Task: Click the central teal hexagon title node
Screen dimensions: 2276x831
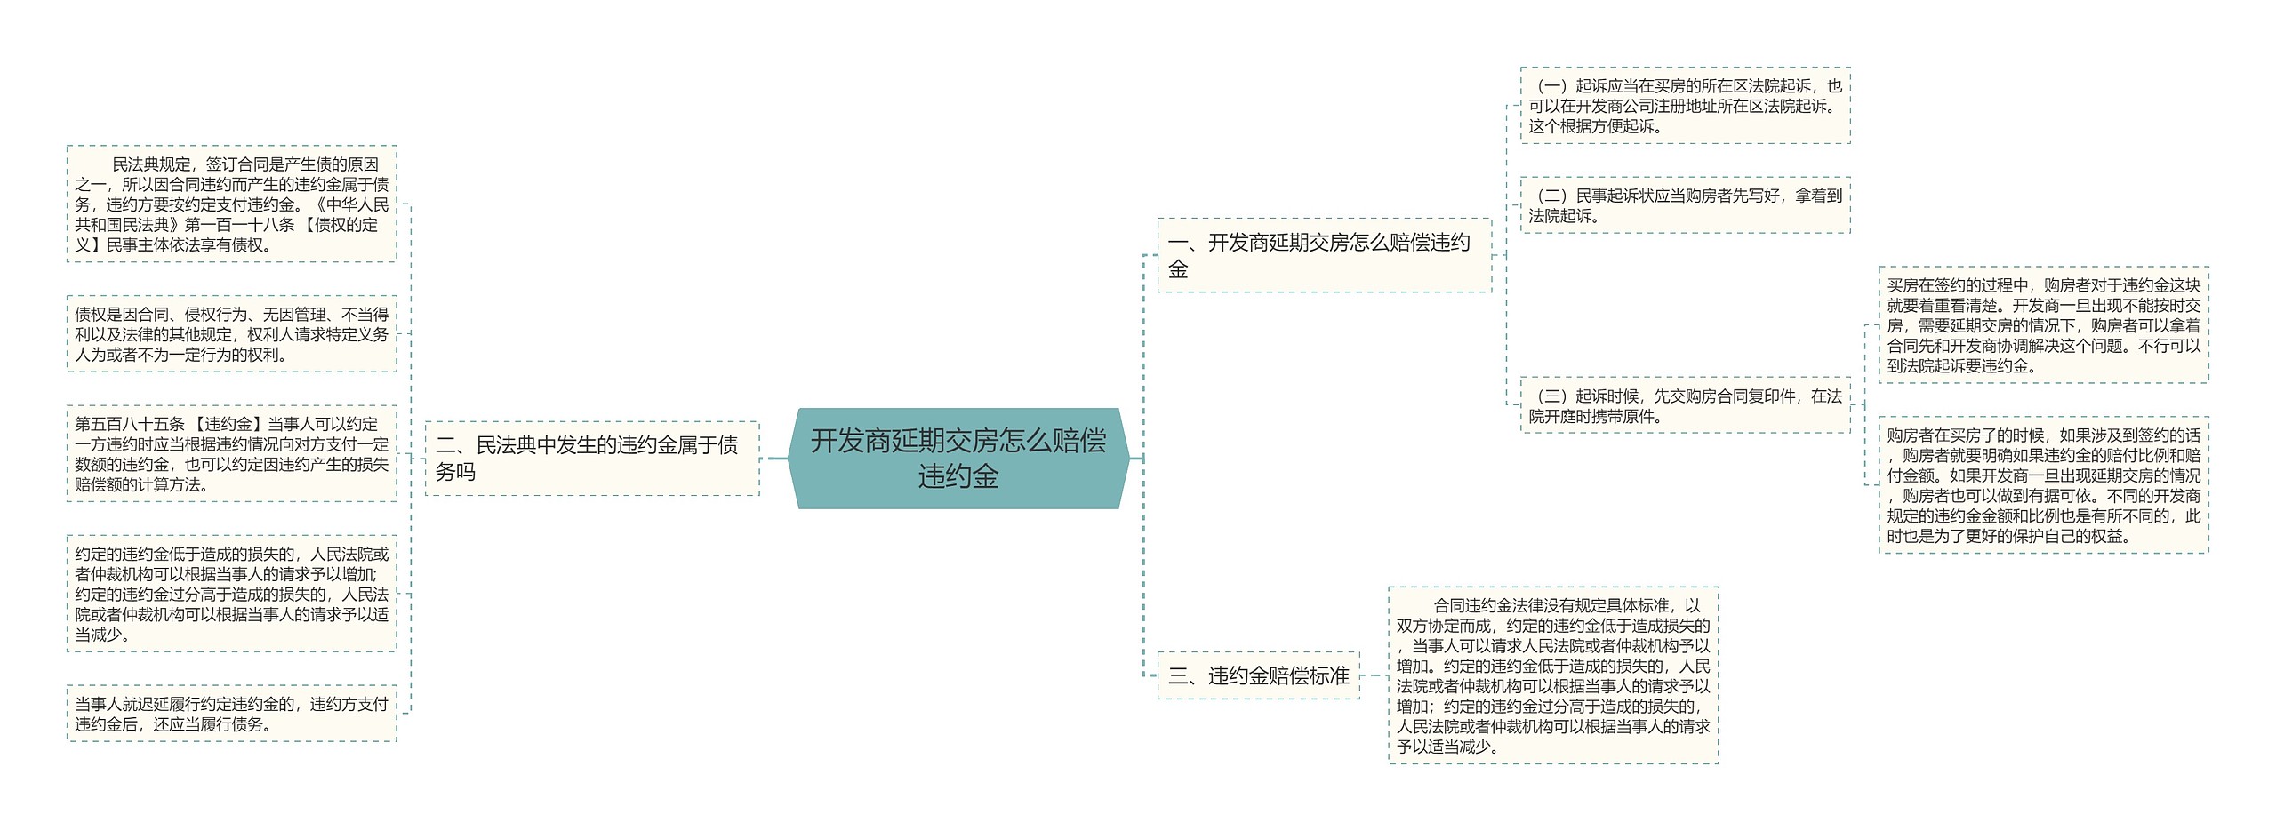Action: pyautogui.click(x=958, y=459)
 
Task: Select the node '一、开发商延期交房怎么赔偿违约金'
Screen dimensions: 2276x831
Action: pyautogui.click(x=1323, y=255)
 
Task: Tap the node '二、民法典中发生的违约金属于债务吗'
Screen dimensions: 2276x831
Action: pyautogui.click(x=591, y=459)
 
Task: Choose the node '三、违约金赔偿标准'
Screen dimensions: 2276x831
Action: pyautogui.click(x=1258, y=675)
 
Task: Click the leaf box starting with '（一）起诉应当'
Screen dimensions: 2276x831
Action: pyautogui.click(x=1685, y=106)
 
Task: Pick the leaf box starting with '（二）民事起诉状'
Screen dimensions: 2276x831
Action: pyautogui.click(x=1685, y=205)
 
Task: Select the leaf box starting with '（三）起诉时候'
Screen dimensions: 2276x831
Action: pyautogui.click(x=1685, y=405)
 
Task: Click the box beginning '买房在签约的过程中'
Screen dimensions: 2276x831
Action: pyautogui.click(x=2043, y=325)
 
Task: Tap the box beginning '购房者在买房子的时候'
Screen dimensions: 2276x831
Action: pyautogui.click(x=2043, y=485)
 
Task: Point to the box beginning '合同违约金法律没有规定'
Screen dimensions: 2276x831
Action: pyautogui.click(x=1552, y=675)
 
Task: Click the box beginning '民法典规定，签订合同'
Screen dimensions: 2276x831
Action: pyautogui.click(x=231, y=204)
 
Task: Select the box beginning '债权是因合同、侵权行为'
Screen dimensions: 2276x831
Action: pyautogui.click(x=231, y=334)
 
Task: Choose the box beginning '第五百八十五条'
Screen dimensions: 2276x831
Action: pyautogui.click(x=231, y=454)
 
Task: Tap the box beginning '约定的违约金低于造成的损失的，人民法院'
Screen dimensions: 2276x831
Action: pyautogui.click(x=231, y=594)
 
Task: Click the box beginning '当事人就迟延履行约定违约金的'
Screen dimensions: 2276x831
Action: pyautogui.click(x=231, y=714)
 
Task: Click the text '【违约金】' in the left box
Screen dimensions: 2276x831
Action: pyautogui.click(x=227, y=425)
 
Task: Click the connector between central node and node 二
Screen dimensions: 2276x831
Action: pyautogui.click(x=774, y=459)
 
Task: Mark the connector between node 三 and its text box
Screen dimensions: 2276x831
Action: pyautogui.click(x=1374, y=675)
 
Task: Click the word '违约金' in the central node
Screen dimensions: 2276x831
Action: pyautogui.click(x=958, y=477)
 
